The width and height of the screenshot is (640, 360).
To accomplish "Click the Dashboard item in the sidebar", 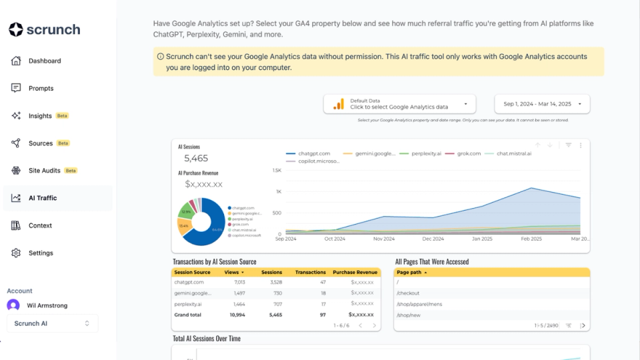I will pos(44,61).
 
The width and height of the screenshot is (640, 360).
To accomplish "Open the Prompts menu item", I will pos(41,88).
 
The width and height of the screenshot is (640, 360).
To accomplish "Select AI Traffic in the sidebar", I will pos(42,198).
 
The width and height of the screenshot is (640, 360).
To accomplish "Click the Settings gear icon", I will pos(16,253).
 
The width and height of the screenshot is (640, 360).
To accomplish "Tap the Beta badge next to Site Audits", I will pos(71,171).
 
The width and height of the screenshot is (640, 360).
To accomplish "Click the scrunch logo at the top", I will pos(45,29).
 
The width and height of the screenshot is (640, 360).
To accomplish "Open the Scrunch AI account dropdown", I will pos(52,323).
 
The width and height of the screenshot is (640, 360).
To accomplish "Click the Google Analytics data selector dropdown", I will pos(400,104).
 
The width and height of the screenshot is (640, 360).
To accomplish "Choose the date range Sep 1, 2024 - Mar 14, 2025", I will pos(542,104).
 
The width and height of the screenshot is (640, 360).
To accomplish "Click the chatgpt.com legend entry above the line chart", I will pos(313,153).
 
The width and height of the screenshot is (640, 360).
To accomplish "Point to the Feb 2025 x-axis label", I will pos(531,239).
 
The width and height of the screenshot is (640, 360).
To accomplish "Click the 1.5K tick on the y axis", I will pos(277,171).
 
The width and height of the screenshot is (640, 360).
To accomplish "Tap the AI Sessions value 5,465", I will pos(196,159).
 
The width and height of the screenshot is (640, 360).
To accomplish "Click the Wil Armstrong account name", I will pos(47,305).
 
